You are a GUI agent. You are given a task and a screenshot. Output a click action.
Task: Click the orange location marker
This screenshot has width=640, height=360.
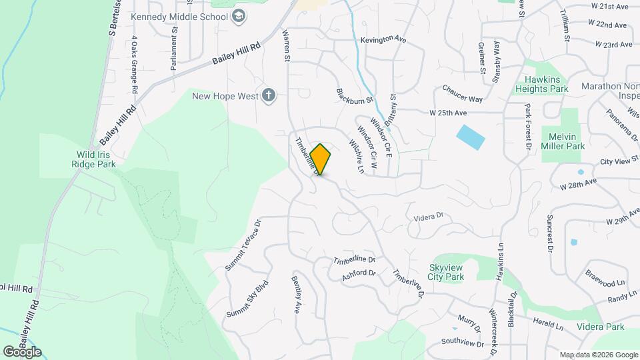(x=321, y=159)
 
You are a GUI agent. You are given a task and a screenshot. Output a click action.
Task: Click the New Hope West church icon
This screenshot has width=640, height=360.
(x=268, y=95)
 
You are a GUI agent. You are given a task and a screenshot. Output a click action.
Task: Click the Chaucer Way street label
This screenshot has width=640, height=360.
(x=463, y=94)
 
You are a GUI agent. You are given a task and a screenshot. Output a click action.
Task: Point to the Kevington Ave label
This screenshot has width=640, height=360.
(x=383, y=40)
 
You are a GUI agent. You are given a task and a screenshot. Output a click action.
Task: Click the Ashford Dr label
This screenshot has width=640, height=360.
(x=359, y=273)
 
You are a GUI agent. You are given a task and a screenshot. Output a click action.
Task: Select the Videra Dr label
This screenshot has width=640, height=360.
(x=428, y=216)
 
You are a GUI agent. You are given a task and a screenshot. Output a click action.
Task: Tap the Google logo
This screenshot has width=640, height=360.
(x=22, y=351)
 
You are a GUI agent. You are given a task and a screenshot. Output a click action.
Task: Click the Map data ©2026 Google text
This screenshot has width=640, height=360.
(x=598, y=355)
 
